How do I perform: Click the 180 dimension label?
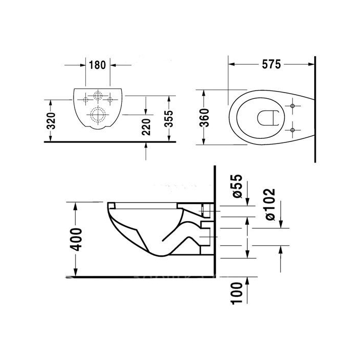(x=97, y=65)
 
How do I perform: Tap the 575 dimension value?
(x=272, y=64)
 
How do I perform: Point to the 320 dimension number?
(x=51, y=121)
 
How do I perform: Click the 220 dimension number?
(x=146, y=127)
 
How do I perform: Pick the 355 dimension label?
(x=169, y=119)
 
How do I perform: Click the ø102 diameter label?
(x=270, y=205)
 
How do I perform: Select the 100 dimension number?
(x=237, y=294)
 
